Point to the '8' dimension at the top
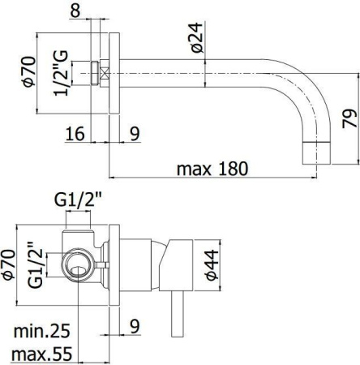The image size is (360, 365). (98, 11)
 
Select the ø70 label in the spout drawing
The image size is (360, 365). (28, 70)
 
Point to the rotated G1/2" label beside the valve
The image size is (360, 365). (32, 264)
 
